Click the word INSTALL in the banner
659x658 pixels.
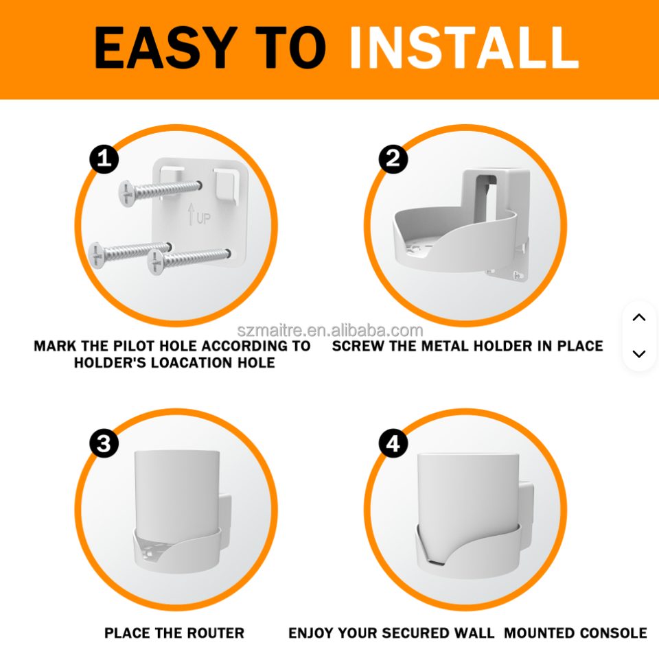464,47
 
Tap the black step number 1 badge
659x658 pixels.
104,158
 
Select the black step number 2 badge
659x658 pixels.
393,158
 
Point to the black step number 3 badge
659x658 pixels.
104,443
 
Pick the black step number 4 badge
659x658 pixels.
393,443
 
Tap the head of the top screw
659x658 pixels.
126,194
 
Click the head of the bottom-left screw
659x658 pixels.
97,255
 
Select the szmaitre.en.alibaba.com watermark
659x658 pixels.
330,331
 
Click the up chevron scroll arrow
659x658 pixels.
639,317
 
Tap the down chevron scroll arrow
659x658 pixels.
639,354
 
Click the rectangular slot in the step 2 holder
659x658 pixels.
485,197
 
